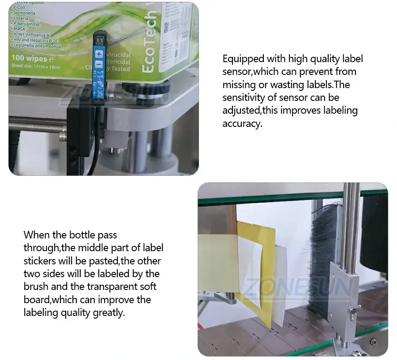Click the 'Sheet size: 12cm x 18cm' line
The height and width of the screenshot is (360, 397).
point(35,67)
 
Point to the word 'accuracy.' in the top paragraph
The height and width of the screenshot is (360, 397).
point(242,123)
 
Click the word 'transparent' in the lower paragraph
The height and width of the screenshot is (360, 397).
point(114,287)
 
